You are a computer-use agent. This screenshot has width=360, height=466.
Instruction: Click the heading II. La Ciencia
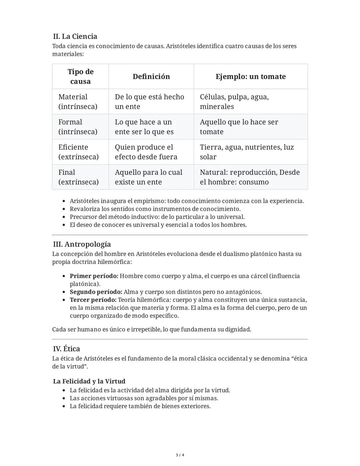(x=75, y=36)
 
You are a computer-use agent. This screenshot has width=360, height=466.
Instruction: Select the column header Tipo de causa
(x=80, y=76)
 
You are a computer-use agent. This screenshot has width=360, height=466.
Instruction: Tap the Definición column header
(x=151, y=76)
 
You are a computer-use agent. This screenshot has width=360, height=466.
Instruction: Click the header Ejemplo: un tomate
(x=250, y=76)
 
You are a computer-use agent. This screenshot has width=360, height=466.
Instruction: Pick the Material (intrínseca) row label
(x=78, y=101)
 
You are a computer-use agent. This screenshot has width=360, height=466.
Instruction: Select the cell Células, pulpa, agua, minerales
(x=234, y=101)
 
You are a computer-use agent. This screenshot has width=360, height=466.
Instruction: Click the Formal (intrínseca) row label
(x=78, y=127)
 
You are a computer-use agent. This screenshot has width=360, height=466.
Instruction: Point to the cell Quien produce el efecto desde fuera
(x=146, y=152)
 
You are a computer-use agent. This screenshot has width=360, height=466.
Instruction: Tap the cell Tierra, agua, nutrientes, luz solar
(x=247, y=152)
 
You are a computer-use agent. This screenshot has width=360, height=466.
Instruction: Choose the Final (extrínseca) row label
(x=78, y=177)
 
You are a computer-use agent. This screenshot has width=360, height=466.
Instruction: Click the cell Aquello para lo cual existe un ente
(x=148, y=177)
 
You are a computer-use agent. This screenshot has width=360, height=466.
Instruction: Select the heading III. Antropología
(x=82, y=244)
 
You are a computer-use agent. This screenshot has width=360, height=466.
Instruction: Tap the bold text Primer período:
(x=94, y=276)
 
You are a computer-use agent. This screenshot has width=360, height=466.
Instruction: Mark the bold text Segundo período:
(x=96, y=292)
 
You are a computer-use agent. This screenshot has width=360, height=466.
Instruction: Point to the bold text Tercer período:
(x=93, y=300)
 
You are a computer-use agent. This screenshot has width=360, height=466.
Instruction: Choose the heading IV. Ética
(x=66, y=349)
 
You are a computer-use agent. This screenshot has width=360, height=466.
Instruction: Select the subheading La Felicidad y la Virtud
(x=89, y=381)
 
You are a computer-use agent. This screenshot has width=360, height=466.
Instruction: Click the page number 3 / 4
(x=180, y=455)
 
